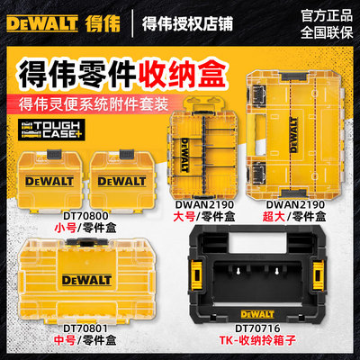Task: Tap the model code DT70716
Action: pyautogui.click(x=260, y=327)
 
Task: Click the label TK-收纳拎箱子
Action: pyautogui.click(x=260, y=342)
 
